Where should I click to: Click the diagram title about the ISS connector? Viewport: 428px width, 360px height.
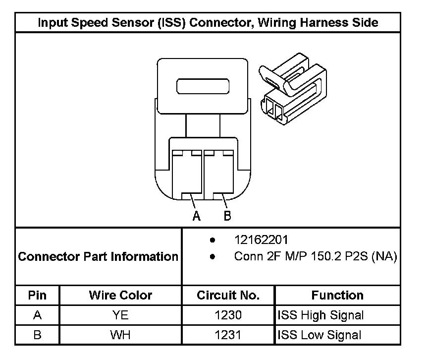(x=208, y=23)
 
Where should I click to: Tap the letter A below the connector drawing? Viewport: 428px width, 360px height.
(x=197, y=216)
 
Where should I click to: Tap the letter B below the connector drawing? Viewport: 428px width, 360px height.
(x=227, y=216)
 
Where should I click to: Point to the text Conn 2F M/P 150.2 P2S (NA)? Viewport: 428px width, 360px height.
(x=315, y=257)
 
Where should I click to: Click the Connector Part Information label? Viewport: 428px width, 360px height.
(x=98, y=257)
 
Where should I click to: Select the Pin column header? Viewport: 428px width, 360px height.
(x=37, y=296)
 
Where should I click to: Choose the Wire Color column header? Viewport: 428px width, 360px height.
(x=120, y=296)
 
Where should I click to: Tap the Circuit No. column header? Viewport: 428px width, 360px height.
(x=228, y=296)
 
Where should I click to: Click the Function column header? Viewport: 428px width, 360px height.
(x=337, y=296)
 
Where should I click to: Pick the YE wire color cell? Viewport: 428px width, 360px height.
(x=120, y=315)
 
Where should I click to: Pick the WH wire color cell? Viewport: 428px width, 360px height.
(x=120, y=335)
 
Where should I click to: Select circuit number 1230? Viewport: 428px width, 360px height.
(x=228, y=315)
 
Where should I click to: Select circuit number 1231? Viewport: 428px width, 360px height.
(x=228, y=335)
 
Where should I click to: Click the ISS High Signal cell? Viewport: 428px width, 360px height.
(x=321, y=315)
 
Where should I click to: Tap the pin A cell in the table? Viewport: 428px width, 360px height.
(x=37, y=315)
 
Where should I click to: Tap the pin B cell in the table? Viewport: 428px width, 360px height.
(x=37, y=335)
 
